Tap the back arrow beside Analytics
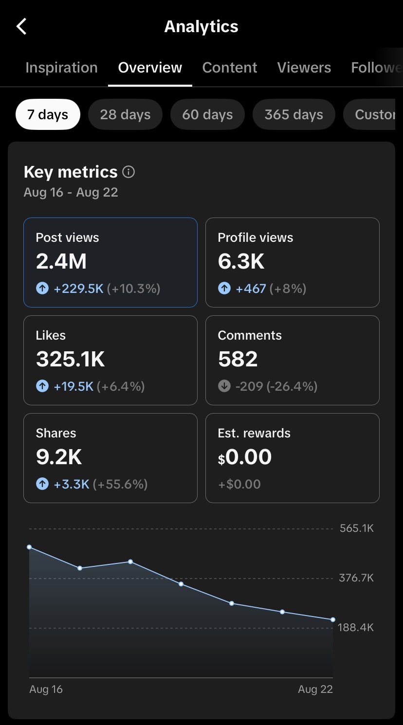coord(21,26)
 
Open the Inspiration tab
coord(61,68)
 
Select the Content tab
coord(230,68)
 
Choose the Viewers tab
coord(304,68)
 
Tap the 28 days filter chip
coord(125,114)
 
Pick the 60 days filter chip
coord(207,114)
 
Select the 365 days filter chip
coord(294,114)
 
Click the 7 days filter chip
coord(48,114)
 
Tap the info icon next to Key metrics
coord(128,172)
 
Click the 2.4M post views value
coord(61,261)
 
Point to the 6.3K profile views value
coord(241,261)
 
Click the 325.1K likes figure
coord(70,359)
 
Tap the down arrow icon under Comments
coord(224,386)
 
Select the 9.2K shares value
coord(58,457)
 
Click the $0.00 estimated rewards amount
coord(245,457)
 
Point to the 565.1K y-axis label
coord(357,528)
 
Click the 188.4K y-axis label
coord(356,627)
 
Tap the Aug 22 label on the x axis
coord(315,689)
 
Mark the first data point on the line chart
coord(30,547)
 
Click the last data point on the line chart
coord(333,619)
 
